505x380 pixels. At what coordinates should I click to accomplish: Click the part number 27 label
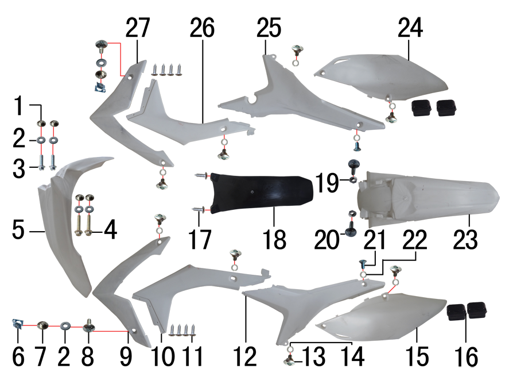click(138, 28)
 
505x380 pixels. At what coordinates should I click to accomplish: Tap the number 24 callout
click(410, 28)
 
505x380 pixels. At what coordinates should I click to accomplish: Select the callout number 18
click(274, 239)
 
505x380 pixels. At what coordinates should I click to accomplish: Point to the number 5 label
click(18, 230)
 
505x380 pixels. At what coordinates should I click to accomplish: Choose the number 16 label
click(467, 356)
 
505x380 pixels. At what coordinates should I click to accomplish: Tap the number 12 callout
click(246, 356)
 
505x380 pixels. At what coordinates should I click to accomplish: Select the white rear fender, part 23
click(428, 200)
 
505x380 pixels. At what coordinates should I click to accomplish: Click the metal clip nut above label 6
click(17, 323)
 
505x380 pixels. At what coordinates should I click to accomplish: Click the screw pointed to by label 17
click(200, 209)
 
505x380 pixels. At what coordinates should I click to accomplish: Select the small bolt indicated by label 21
click(362, 265)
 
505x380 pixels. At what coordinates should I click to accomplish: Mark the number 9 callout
click(126, 356)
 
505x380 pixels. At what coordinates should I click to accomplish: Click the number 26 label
click(202, 28)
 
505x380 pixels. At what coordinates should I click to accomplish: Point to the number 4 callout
click(110, 230)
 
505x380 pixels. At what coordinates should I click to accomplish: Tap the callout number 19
click(327, 183)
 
